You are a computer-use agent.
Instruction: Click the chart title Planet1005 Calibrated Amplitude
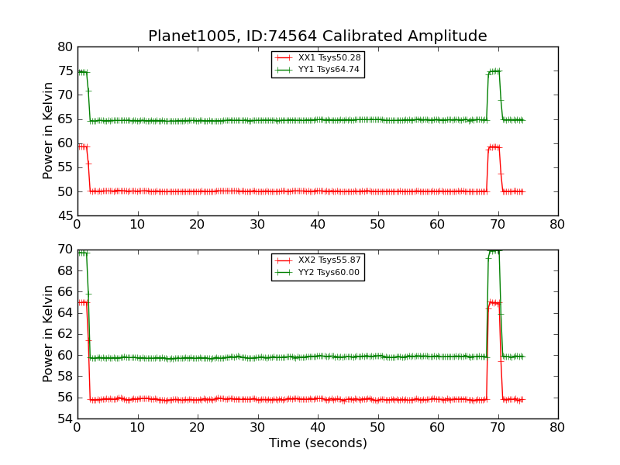pyautogui.click(x=317, y=36)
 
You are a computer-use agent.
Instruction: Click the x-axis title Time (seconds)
pyautogui.click(x=318, y=443)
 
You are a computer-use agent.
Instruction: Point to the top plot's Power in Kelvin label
pyautogui.click(x=49, y=130)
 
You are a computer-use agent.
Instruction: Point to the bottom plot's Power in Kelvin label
pyautogui.click(x=49, y=333)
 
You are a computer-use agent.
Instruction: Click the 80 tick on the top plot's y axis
pyautogui.click(x=64, y=47)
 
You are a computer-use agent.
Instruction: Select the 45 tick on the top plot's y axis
pyautogui.click(x=64, y=215)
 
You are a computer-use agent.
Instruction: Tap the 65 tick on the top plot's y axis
pyautogui.click(x=64, y=119)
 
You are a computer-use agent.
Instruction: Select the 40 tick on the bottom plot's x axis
pyautogui.click(x=318, y=427)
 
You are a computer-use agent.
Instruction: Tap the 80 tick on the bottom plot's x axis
pyautogui.click(x=558, y=427)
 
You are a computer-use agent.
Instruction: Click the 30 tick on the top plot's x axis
pyautogui.click(x=257, y=224)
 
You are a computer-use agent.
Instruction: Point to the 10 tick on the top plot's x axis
pyautogui.click(x=137, y=224)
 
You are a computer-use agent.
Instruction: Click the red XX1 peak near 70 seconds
pyautogui.click(x=494, y=146)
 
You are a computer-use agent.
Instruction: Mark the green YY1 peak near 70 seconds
pyautogui.click(x=494, y=71)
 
